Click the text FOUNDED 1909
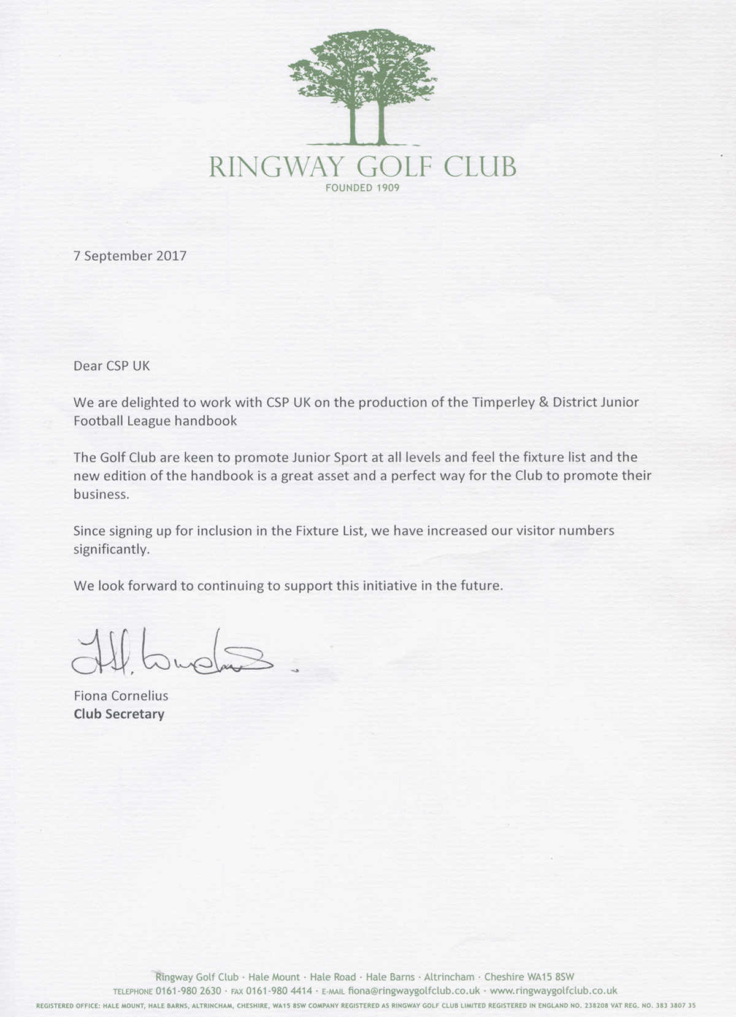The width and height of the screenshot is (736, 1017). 362,188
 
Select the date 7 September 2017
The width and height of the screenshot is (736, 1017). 130,256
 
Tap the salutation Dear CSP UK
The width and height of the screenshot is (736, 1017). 112,366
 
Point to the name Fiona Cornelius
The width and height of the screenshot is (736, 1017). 121,696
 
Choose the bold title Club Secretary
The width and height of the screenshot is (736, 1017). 119,714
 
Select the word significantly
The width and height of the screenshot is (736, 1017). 112,549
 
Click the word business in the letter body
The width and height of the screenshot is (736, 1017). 101,494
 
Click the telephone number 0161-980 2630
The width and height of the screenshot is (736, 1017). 188,991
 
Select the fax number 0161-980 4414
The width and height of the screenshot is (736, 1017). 280,991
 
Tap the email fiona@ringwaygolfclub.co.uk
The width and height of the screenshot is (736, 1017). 414,991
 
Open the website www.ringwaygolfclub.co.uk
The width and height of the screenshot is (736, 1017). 554,991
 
